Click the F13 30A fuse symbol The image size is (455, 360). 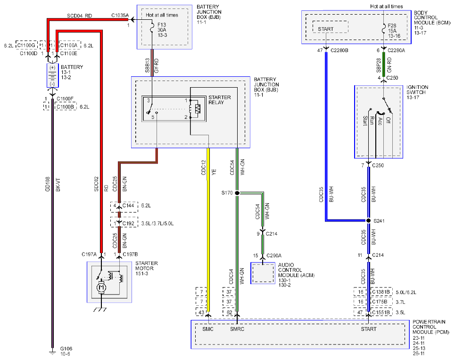[x=152, y=28]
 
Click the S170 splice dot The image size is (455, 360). [x=237, y=193]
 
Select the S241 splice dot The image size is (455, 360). [x=369, y=221]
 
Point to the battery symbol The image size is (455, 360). [x=52, y=75]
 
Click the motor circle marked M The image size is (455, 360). [x=101, y=287]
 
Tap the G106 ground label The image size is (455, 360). [x=66, y=349]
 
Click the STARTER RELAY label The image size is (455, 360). [x=220, y=100]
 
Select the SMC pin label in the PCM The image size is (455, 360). [x=208, y=329]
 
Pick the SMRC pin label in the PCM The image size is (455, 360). [x=237, y=329]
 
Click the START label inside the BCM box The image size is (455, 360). [x=326, y=29]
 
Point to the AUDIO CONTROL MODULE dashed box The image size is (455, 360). [x=263, y=273]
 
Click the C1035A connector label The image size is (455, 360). [x=120, y=16]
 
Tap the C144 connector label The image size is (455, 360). [x=128, y=205]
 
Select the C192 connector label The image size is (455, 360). [x=128, y=224]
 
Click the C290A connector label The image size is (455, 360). [x=274, y=255]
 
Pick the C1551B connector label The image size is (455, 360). [x=381, y=312]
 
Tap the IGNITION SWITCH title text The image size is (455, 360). [x=417, y=90]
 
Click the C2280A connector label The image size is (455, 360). [x=397, y=50]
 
